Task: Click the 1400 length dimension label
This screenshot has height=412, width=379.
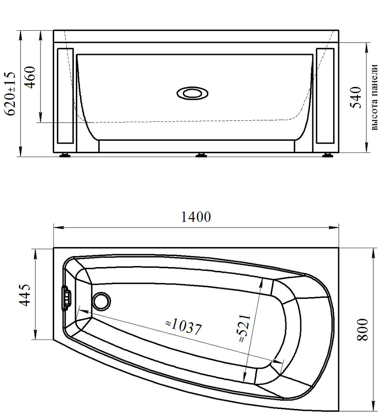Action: coord(196,217)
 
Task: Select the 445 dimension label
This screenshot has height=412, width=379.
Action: coord(25,295)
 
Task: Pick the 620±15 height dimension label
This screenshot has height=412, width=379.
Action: coord(11,94)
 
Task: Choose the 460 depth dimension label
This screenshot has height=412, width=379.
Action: coord(30,77)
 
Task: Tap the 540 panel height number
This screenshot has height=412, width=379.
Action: coord(356,97)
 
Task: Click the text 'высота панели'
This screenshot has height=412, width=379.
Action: coord(374,97)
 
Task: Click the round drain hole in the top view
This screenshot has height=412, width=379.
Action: coord(102,301)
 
